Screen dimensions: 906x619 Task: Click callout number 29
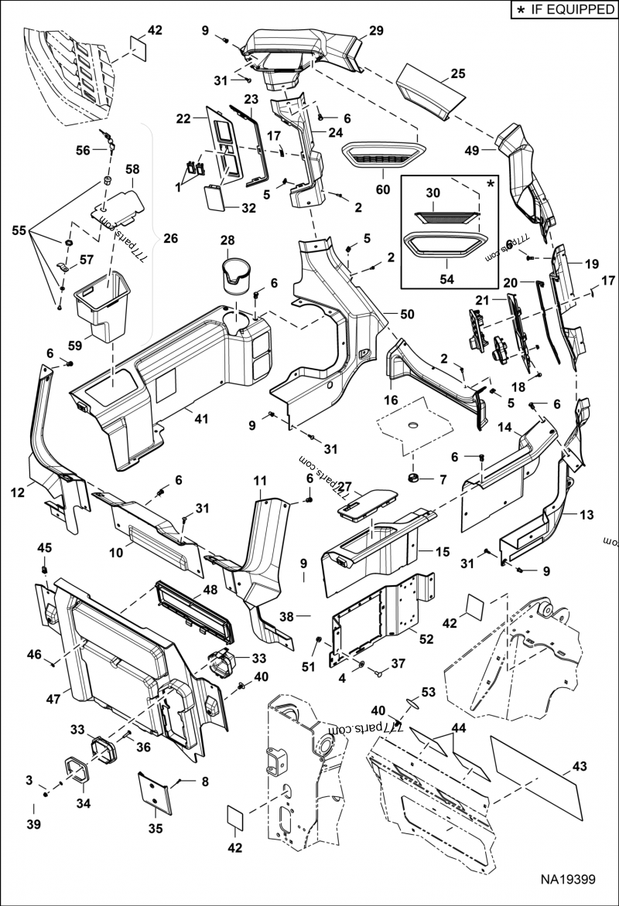pos(376,31)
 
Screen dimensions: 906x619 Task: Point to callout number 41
pos(202,419)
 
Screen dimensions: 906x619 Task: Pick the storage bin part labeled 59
pos(101,307)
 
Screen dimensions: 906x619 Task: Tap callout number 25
pos(458,74)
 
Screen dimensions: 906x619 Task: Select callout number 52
pos(426,639)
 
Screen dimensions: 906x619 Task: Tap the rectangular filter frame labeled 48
pos(193,611)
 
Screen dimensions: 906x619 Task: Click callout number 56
pos(82,150)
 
